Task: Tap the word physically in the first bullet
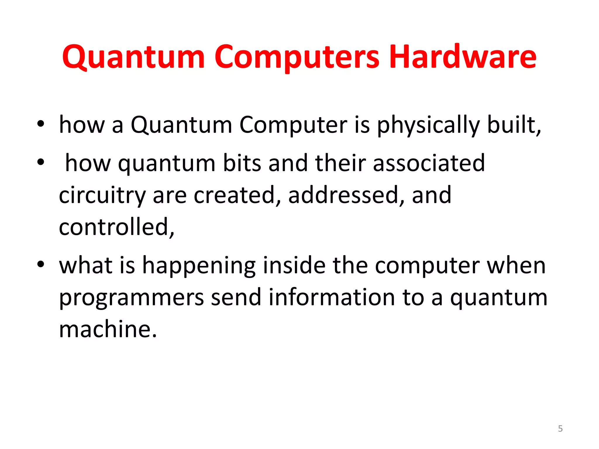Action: point(428,125)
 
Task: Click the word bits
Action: point(242,163)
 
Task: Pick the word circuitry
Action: point(102,195)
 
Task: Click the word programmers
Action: point(132,298)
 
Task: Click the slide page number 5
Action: point(560,429)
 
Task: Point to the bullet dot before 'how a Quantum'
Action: point(41,124)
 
